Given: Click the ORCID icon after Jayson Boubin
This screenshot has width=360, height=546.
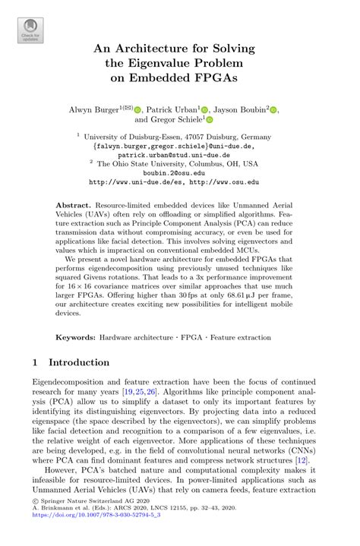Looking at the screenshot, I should point(274,110).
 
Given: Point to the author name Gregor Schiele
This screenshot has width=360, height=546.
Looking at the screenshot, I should point(170,120).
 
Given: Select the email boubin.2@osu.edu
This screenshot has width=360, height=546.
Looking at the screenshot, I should point(179,173).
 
